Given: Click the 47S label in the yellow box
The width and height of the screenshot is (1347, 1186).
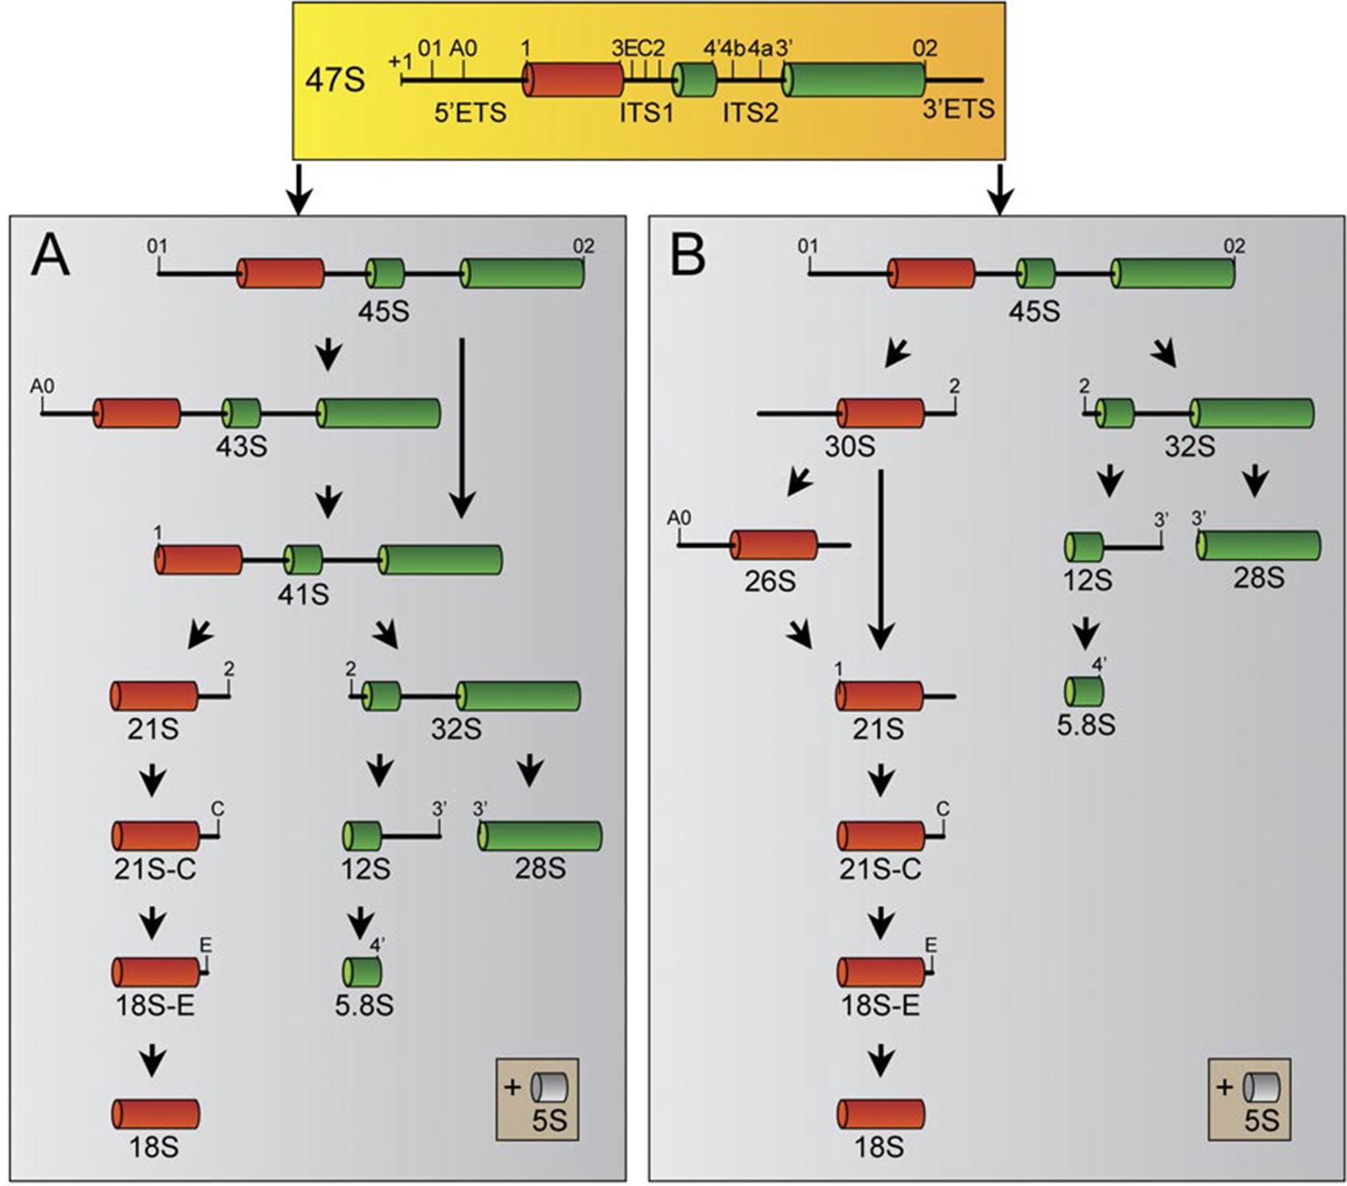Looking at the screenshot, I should pos(334,80).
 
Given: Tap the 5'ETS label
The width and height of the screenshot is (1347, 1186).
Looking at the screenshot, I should pos(470,112).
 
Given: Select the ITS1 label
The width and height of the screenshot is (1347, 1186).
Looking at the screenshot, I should pos(646,112).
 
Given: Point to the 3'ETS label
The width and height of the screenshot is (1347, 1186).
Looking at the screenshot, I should pos(959,109).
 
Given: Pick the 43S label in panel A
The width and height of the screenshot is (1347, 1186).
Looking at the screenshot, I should pos(242,447).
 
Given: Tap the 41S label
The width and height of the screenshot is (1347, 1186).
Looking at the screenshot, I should pos(303,595).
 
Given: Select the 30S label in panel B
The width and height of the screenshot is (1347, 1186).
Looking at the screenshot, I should pos(850,447).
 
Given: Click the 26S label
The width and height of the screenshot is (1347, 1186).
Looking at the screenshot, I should pos(770,581).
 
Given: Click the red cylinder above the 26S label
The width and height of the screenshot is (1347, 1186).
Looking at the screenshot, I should pos(773,545).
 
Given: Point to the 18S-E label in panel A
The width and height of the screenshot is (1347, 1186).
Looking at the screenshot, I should pos(155,1005).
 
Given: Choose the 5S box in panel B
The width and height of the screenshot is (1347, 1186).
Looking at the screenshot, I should pos(1249,1099).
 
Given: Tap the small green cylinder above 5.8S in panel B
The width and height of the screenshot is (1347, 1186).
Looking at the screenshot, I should pos(1084,691).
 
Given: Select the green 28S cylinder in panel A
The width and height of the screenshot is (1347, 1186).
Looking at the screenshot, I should pos(539,836).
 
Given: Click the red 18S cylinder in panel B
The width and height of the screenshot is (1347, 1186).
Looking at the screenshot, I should pos(880,1113).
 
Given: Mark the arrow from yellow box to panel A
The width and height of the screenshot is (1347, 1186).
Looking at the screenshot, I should pos(299,188).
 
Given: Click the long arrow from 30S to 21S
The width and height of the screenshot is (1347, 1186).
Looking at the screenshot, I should pos(881,561).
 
